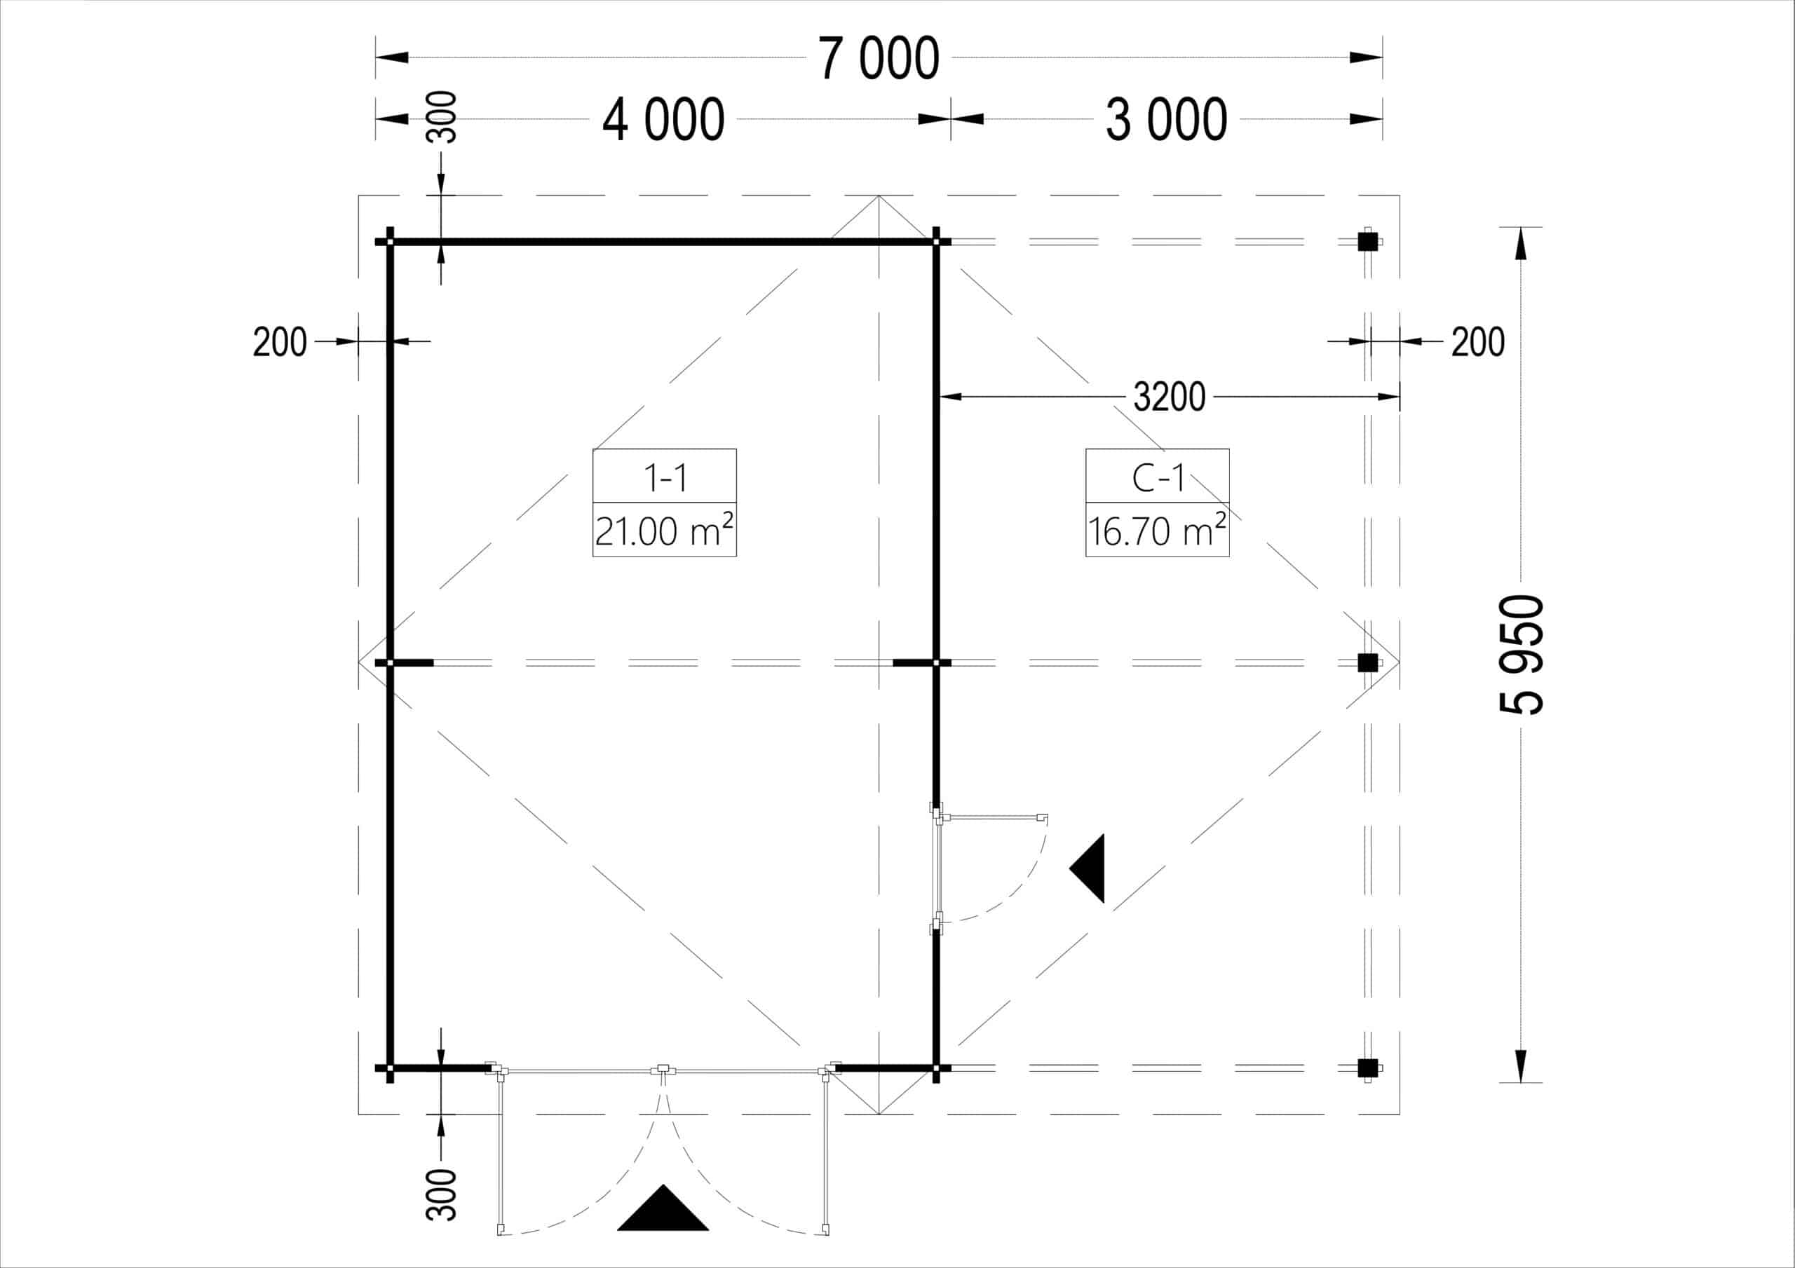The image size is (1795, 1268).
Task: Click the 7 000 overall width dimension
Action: point(879,59)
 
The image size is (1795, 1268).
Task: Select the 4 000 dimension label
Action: point(663,121)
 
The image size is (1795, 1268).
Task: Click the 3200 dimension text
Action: point(1169,398)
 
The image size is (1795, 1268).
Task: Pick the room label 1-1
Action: point(665,477)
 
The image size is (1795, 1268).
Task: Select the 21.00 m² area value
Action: point(665,531)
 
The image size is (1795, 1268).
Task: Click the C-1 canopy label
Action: point(1157,477)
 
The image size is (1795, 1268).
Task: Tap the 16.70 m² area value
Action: point(1157,531)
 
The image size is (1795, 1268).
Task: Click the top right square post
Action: point(1367,242)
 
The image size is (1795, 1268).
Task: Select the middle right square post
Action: point(1367,663)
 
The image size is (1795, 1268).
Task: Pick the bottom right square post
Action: point(1367,1068)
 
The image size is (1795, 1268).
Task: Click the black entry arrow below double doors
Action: point(663,1209)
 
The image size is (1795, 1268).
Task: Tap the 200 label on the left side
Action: point(279,342)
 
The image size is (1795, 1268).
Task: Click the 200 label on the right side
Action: point(1477,342)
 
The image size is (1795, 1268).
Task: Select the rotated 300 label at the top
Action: point(442,117)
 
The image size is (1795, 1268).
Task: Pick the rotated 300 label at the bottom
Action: point(442,1194)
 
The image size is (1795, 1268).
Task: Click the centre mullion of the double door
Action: point(663,1070)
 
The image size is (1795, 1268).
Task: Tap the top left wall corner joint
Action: point(390,242)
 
